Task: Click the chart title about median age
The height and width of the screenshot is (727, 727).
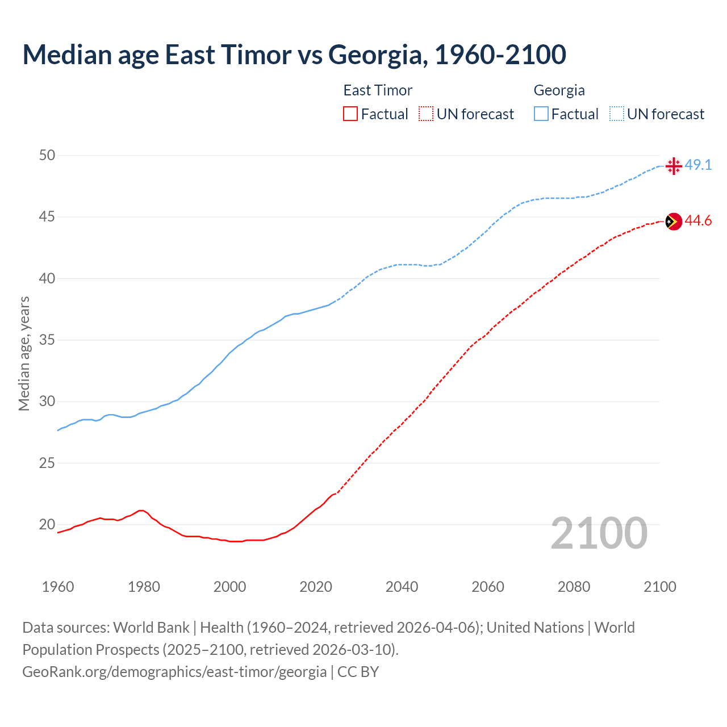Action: click(294, 55)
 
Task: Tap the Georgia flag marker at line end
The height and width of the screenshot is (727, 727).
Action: click(673, 166)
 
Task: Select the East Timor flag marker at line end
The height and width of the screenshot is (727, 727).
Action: click(673, 221)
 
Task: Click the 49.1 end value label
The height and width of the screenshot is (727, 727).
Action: click(698, 165)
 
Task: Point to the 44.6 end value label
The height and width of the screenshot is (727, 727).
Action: click(698, 221)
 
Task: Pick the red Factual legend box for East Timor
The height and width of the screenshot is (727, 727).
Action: click(350, 114)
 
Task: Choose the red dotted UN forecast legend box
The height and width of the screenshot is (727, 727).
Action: click(426, 114)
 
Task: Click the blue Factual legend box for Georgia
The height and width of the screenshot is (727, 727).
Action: click(541, 114)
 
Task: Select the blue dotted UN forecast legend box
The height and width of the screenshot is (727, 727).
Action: click(617, 114)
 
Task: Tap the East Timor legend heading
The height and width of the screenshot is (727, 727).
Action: click(378, 90)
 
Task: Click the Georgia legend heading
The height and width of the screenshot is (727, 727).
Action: click(559, 90)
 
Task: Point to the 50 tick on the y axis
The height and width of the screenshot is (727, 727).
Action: click(47, 156)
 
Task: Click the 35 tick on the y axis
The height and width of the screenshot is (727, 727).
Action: click(47, 340)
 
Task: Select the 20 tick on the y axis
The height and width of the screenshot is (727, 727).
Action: click(47, 524)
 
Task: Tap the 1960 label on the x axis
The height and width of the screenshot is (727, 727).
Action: click(58, 587)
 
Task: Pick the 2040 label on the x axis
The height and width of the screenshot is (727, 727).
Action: click(402, 587)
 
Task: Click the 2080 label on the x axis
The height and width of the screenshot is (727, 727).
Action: click(574, 587)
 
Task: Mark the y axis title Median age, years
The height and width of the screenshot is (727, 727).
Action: click(24, 353)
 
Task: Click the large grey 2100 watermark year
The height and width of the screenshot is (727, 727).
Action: click(599, 533)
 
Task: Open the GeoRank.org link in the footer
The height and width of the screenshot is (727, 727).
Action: click(174, 672)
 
